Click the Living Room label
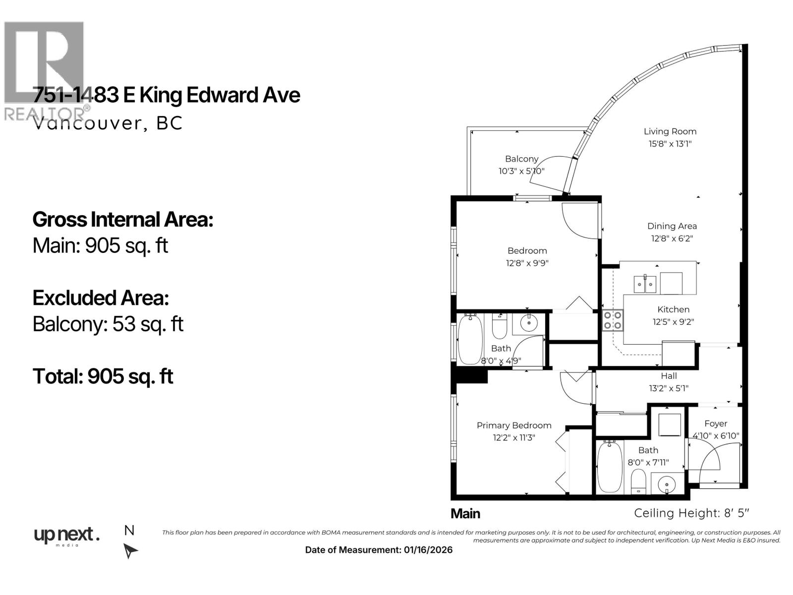670,131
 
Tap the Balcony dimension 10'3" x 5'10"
521,171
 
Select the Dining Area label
672,226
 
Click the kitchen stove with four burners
613,320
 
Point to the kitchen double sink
645,285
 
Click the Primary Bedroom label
514,425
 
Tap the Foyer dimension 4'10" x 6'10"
716,436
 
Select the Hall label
669,376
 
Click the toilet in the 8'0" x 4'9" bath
499,327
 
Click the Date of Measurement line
379,550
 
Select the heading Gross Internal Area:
123,220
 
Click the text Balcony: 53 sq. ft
108,324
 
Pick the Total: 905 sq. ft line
103,376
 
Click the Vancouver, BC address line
108,123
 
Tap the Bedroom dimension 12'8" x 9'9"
527,263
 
